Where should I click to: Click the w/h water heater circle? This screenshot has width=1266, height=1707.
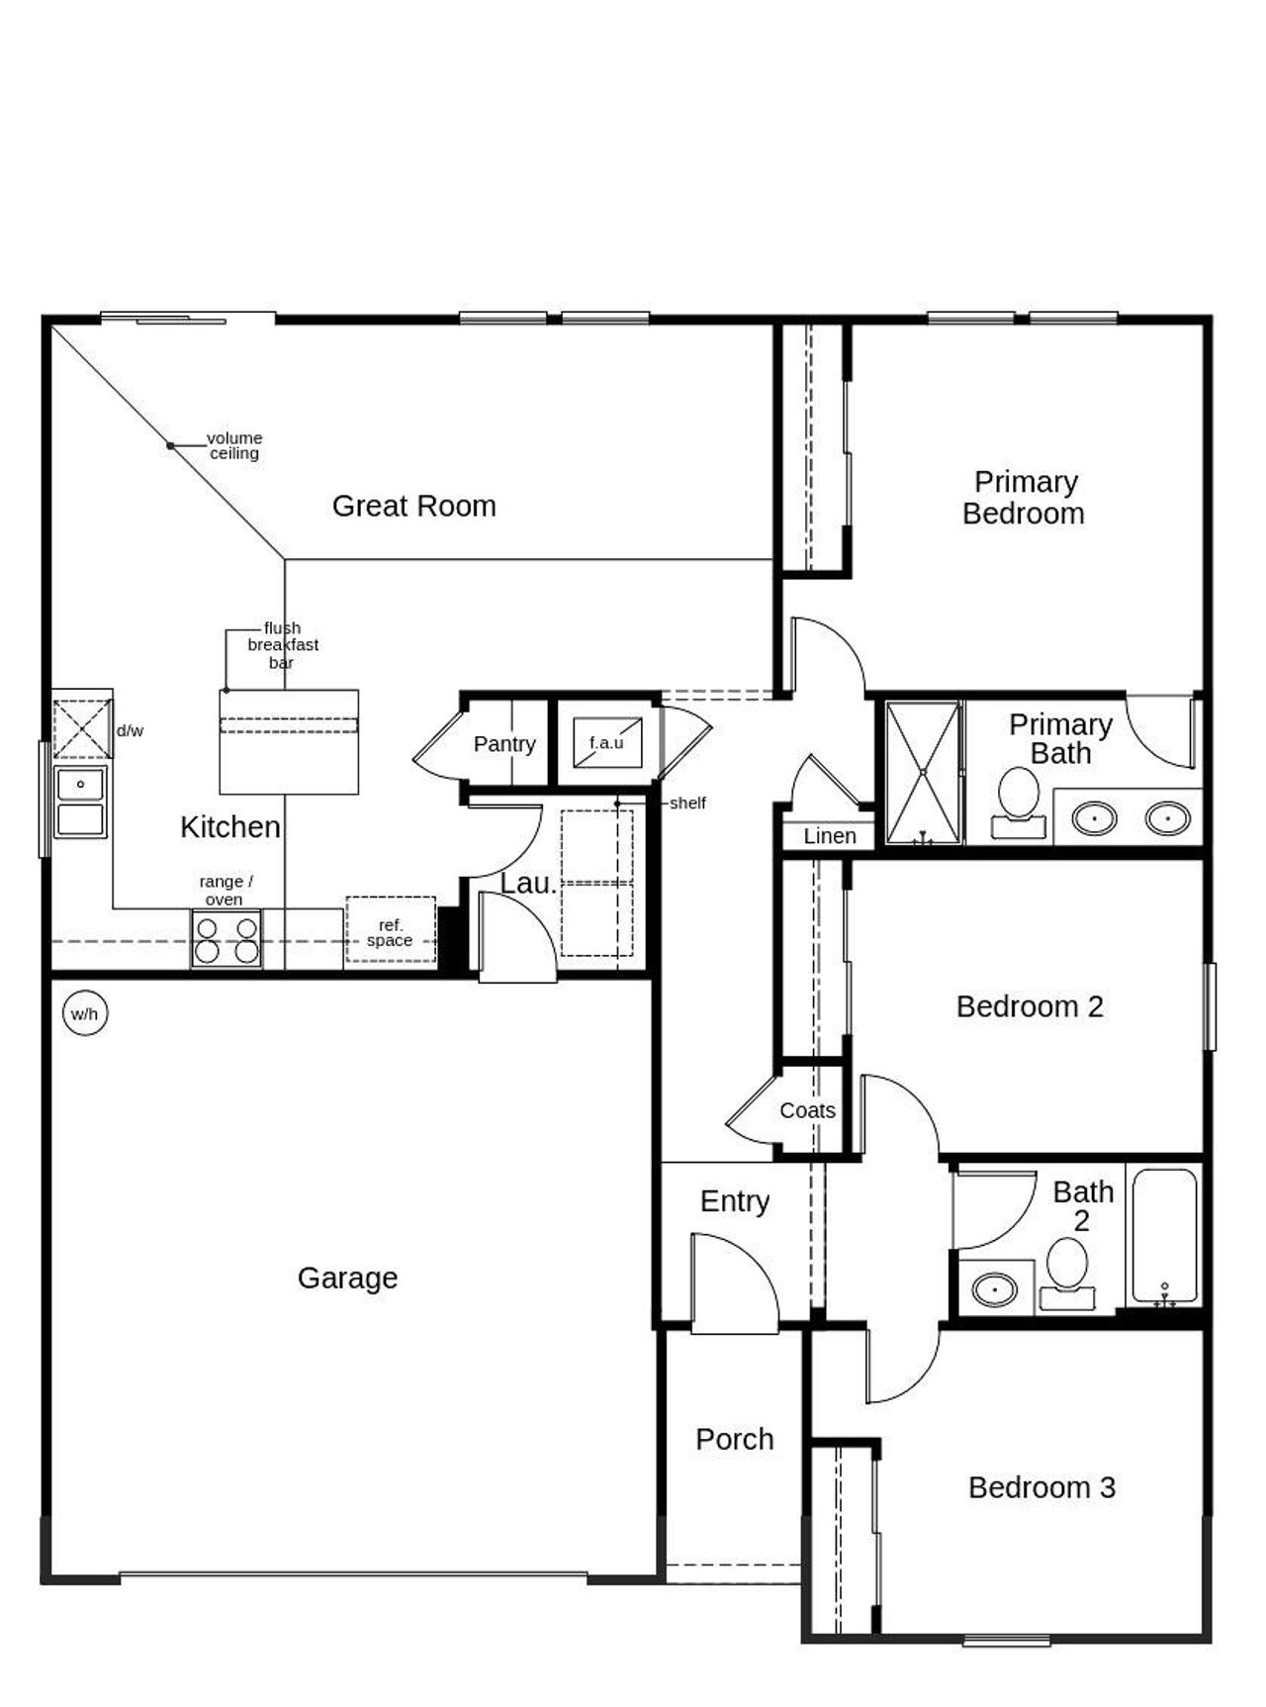[84, 1013]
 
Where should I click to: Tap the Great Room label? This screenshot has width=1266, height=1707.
[413, 506]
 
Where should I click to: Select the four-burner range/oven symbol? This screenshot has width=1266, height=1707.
[226, 939]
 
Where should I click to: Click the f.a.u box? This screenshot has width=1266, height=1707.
[606, 742]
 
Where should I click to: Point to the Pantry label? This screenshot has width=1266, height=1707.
[503, 743]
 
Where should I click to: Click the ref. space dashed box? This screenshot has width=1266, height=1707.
[391, 929]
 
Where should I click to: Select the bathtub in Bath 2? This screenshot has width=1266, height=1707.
[1164, 1236]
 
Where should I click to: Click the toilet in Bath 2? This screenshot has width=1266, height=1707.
[1067, 1274]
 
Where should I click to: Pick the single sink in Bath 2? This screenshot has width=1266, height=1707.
[994, 1289]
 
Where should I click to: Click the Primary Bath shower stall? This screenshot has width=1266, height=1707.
[922, 773]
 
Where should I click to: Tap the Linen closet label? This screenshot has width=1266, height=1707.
[829, 836]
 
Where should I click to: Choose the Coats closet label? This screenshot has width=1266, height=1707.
[807, 1110]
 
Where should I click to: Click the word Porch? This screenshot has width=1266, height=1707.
[734, 1439]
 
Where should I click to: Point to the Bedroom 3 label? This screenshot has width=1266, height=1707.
[1040, 1487]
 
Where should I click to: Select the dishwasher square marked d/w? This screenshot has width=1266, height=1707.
[82, 728]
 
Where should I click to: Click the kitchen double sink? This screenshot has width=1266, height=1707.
[80, 803]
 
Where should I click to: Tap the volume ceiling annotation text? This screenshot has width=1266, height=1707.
[234, 445]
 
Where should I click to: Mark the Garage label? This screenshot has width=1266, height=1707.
[347, 1278]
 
